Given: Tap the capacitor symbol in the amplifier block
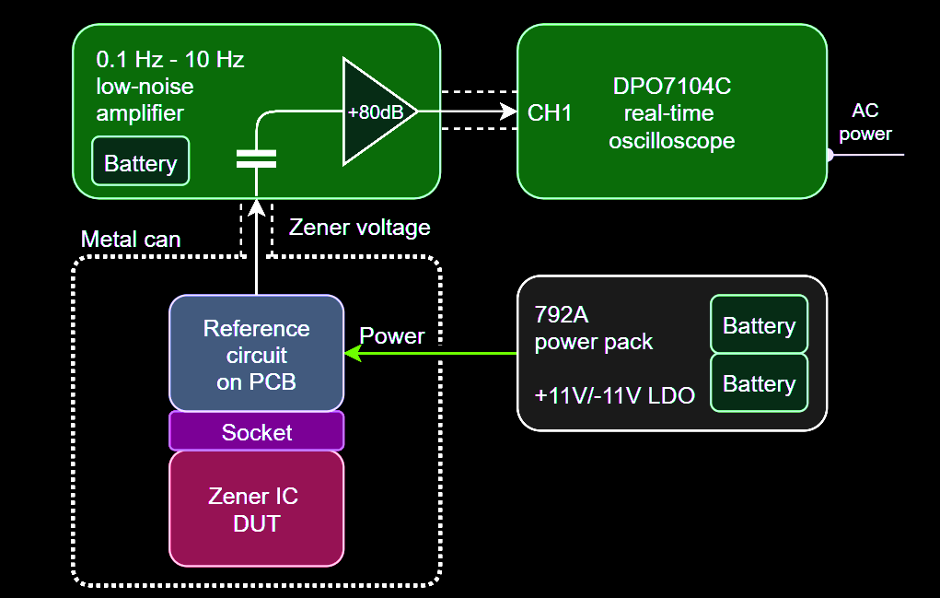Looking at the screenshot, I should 256,158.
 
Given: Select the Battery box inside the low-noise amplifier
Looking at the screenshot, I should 140,162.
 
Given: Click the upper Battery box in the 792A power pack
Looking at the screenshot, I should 759,324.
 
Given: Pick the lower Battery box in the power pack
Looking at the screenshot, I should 759,382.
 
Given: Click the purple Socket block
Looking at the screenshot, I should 256,431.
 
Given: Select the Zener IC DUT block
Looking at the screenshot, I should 256,509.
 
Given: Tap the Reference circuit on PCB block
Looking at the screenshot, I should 256,354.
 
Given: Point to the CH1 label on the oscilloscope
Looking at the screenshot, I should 550,112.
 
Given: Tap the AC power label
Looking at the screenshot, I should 865,122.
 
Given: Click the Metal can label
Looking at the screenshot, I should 131,240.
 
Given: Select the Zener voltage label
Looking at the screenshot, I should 359,227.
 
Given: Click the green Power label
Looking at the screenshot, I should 391,335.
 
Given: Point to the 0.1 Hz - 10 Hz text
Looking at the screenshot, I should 170,61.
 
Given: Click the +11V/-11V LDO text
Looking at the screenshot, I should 614,395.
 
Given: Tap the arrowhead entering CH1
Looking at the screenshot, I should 508,111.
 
